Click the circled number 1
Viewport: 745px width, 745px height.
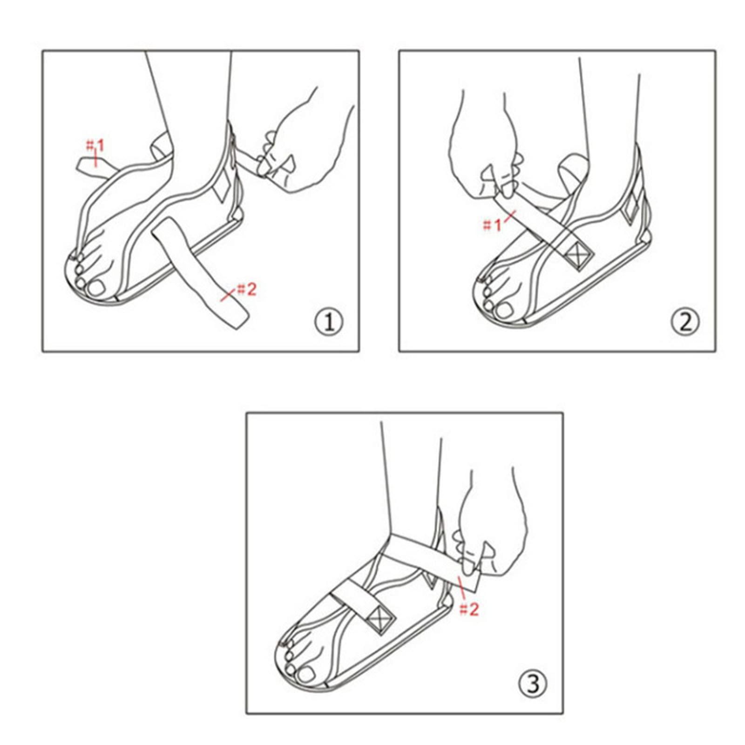pyautogui.click(x=329, y=322)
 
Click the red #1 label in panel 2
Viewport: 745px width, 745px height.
pyautogui.click(x=493, y=225)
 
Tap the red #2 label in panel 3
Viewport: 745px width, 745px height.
pyautogui.click(x=469, y=610)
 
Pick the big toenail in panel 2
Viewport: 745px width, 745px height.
pyautogui.click(x=505, y=310)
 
